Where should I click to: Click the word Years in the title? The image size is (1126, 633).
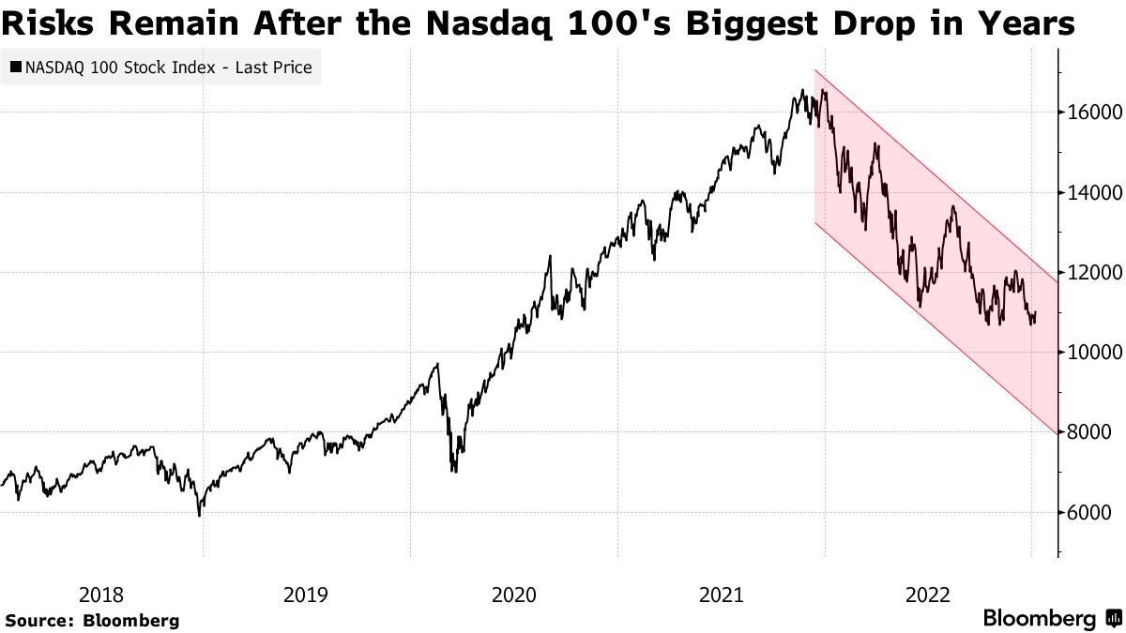(1026, 25)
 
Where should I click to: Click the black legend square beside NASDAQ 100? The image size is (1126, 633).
(16, 68)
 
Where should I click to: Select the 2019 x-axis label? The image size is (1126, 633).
(306, 595)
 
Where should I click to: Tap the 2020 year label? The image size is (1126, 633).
(514, 595)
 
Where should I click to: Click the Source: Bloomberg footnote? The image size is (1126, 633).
(92, 620)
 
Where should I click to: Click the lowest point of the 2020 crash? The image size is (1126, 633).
(454, 471)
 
